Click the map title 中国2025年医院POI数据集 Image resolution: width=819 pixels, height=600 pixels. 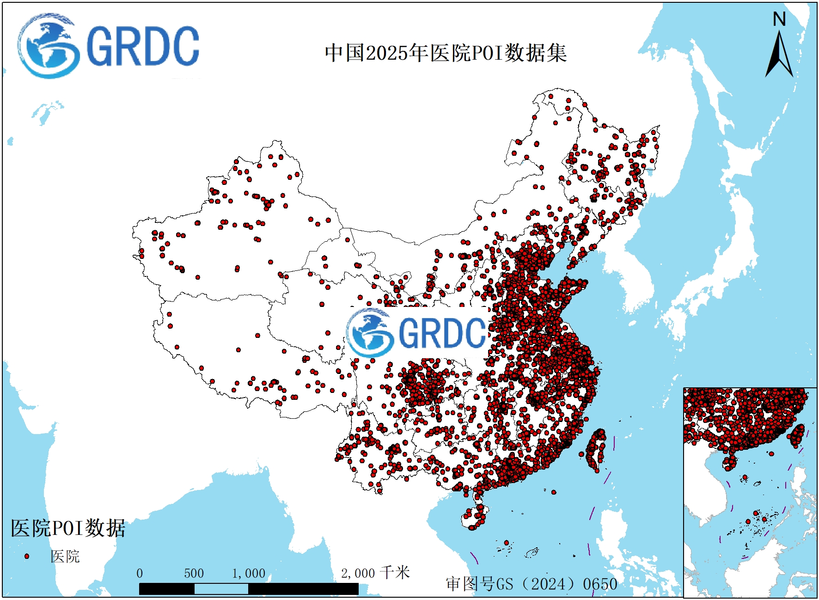(446, 53)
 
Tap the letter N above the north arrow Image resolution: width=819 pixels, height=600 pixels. (779, 19)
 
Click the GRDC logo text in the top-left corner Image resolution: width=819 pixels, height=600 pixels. (142, 47)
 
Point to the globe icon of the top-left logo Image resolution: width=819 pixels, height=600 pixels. (48, 46)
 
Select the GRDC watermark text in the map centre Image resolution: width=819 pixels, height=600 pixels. (442, 333)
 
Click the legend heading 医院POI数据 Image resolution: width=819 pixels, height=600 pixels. (68, 528)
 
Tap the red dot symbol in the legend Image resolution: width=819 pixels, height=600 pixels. (27, 556)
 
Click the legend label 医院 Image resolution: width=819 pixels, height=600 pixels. (65, 556)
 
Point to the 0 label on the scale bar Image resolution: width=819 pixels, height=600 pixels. (140, 574)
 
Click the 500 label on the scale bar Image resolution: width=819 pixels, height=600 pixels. (194, 574)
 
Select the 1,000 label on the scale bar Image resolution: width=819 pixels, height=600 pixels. (249, 574)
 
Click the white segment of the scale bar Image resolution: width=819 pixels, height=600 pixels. (221, 589)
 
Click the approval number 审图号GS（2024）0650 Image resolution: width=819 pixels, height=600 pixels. (532, 584)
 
